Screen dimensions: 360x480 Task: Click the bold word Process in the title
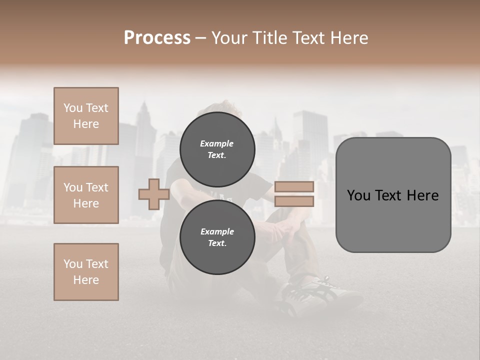coord(157,38)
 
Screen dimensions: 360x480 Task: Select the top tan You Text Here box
coord(86,116)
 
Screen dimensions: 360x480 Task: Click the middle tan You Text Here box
coord(86,195)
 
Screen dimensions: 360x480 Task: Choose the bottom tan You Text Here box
coord(86,272)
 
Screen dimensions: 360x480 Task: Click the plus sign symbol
coord(154,194)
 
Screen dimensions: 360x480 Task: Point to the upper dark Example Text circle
coord(217,149)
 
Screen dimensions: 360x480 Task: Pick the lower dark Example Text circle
coord(217,237)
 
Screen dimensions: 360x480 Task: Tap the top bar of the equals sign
coord(294,187)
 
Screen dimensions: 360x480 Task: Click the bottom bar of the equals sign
coord(294,201)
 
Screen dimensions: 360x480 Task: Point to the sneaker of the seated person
coord(310,295)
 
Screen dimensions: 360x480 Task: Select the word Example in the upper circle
coord(217,143)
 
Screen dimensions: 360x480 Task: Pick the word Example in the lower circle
coord(217,231)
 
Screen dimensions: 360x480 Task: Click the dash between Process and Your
coord(200,38)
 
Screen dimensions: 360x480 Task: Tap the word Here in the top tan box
coord(86,124)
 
